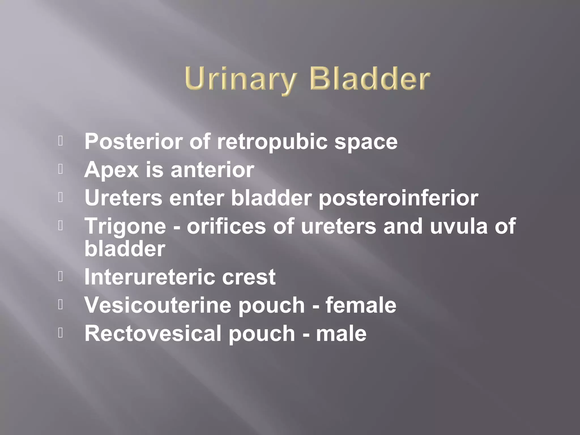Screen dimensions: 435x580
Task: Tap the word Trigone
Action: pyautogui.click(x=125, y=227)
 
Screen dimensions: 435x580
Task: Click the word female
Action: pyautogui.click(x=361, y=305)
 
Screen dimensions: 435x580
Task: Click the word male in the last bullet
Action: pyautogui.click(x=341, y=333)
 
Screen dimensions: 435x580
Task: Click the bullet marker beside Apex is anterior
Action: pyautogui.click(x=60, y=169)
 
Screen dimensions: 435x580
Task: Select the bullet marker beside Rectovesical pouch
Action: pyautogui.click(x=60, y=333)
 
